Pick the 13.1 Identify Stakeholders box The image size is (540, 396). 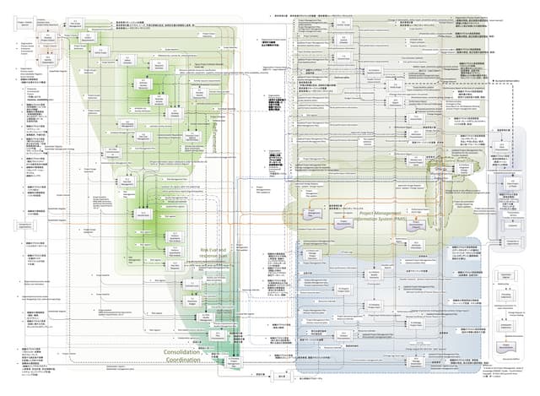[x=48, y=60]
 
